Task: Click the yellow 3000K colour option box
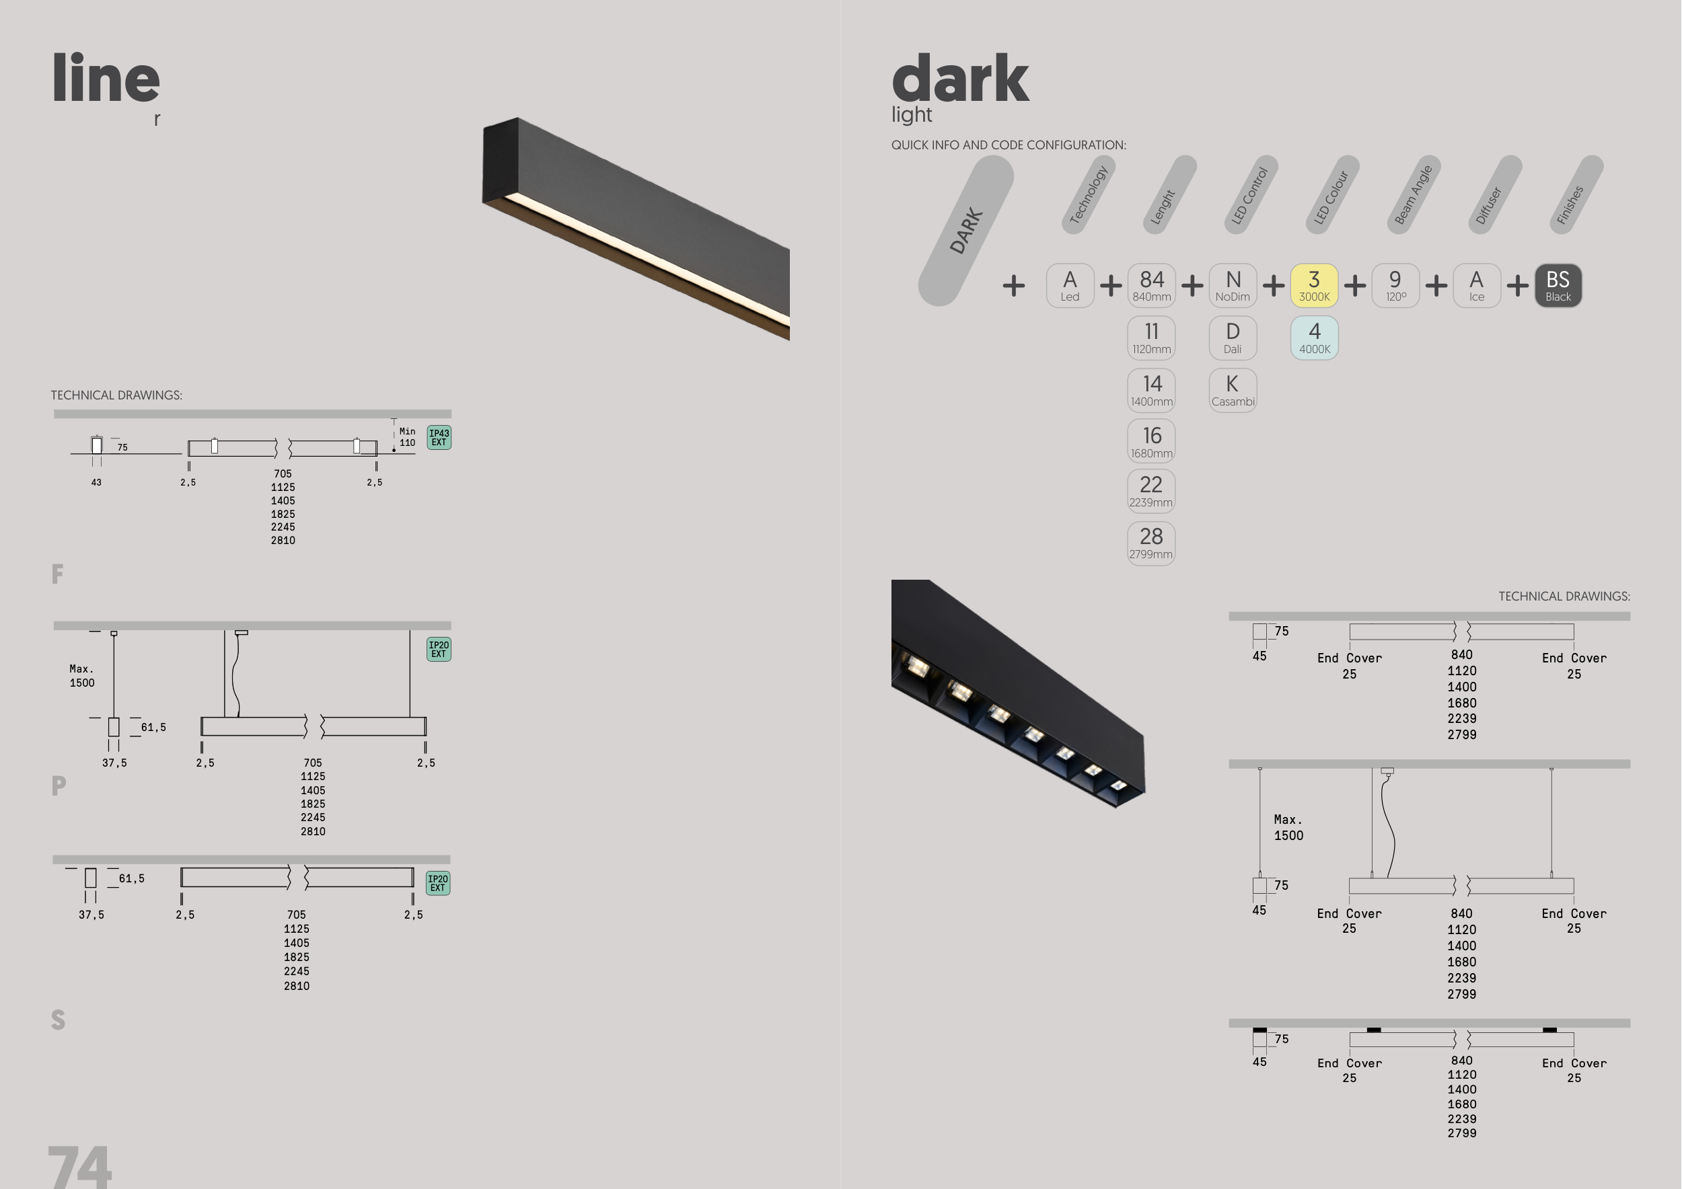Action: coord(1313,286)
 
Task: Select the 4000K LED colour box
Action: coord(1313,338)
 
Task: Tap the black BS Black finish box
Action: coord(1558,286)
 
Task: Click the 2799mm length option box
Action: coord(1151,543)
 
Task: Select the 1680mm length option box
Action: coord(1151,441)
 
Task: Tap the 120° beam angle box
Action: coord(1395,286)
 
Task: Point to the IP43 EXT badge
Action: coord(439,437)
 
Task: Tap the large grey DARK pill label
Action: coord(965,231)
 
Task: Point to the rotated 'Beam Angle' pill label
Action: coord(1412,195)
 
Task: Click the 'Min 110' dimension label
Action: coord(406,437)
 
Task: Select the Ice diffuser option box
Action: coord(1476,286)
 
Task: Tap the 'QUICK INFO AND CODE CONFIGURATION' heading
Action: coord(1008,145)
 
